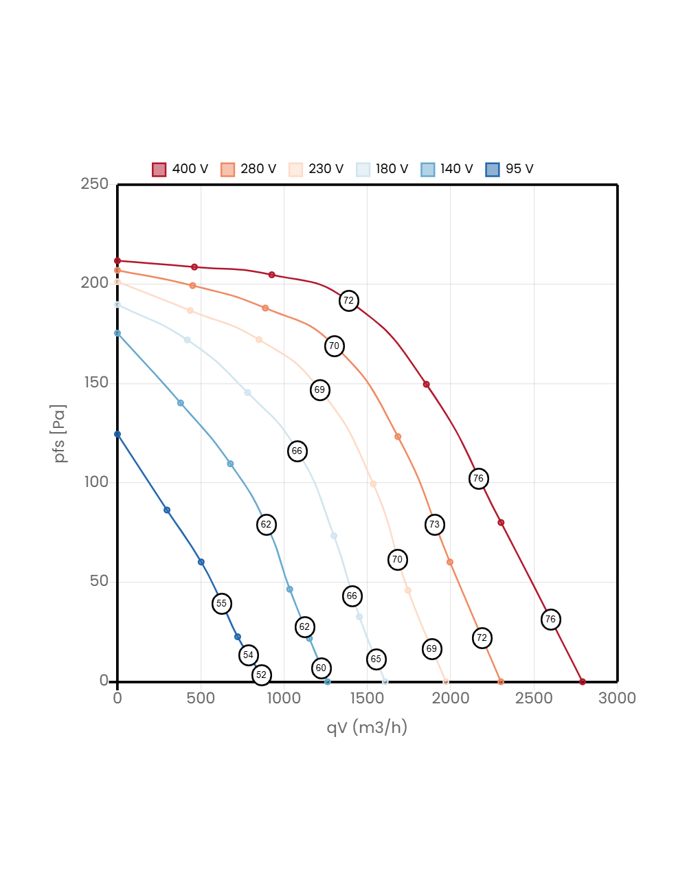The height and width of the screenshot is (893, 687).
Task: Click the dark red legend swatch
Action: coord(159,170)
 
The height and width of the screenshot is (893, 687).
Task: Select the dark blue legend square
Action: coord(493,170)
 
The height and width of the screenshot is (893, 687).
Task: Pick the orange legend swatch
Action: coord(227,170)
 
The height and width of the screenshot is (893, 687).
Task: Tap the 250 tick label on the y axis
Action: coord(95,183)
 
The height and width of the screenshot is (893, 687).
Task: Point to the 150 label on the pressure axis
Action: coord(96,382)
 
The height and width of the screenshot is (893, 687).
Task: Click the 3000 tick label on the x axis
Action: coord(617,698)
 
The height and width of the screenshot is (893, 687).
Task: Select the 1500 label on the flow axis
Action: coord(367,698)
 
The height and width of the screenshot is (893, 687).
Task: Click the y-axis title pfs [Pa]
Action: coord(60,433)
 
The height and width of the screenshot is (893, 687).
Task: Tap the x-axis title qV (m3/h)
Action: coord(367,727)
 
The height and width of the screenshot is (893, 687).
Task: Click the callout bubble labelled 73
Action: coord(434,525)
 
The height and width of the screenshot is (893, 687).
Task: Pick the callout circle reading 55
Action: coord(221,604)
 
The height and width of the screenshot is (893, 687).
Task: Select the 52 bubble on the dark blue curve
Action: coord(261,675)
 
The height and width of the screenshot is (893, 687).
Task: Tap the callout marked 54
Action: coord(249,655)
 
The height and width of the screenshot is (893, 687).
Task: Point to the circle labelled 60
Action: coord(321,668)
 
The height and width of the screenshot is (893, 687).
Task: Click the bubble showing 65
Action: coord(376,659)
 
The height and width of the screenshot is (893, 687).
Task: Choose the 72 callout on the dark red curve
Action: coord(349,301)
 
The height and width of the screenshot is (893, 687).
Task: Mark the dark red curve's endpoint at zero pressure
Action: coord(583,681)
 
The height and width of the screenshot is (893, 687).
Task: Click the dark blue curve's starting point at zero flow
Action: coord(117,434)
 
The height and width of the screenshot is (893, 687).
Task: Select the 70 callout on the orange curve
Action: coord(334,346)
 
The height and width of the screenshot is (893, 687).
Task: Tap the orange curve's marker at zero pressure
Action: coord(501,681)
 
